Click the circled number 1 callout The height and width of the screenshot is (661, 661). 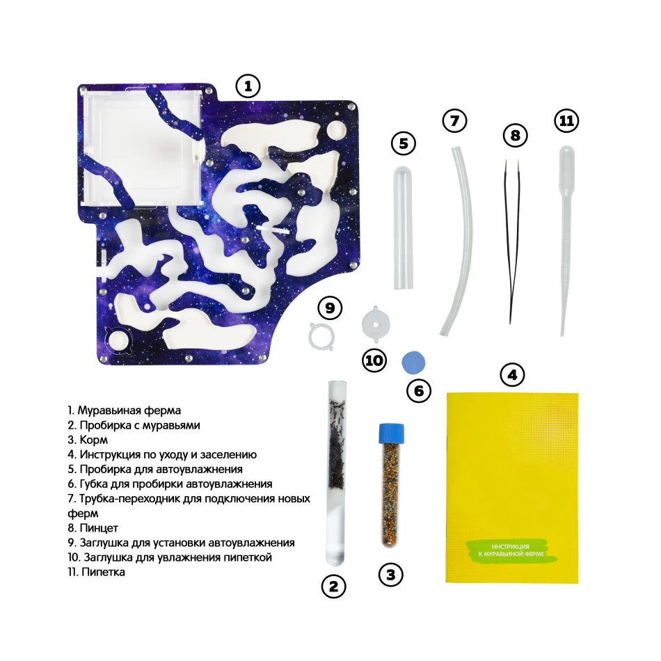tap(248, 86)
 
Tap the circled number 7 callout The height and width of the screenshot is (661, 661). tap(454, 121)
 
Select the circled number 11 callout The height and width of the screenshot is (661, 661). tap(566, 121)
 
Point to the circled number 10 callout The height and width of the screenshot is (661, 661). tap(374, 360)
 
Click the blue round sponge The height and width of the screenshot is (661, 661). tap(413, 363)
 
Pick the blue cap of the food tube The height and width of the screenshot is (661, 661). tap(391, 433)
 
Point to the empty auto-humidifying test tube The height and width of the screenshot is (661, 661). tap(403, 228)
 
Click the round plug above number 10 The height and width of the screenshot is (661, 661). tap(376, 324)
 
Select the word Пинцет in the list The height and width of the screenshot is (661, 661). tap(99, 528)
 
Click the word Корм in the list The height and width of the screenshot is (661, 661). tap(94, 440)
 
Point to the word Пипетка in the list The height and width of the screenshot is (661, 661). tap(103, 572)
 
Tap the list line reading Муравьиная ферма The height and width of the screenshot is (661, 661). tap(125, 411)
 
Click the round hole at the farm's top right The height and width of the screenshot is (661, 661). tap(337, 130)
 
